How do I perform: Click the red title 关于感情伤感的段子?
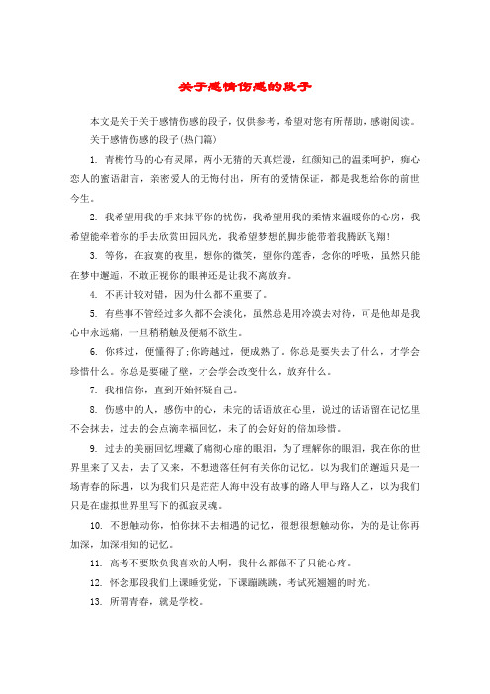click(244, 86)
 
